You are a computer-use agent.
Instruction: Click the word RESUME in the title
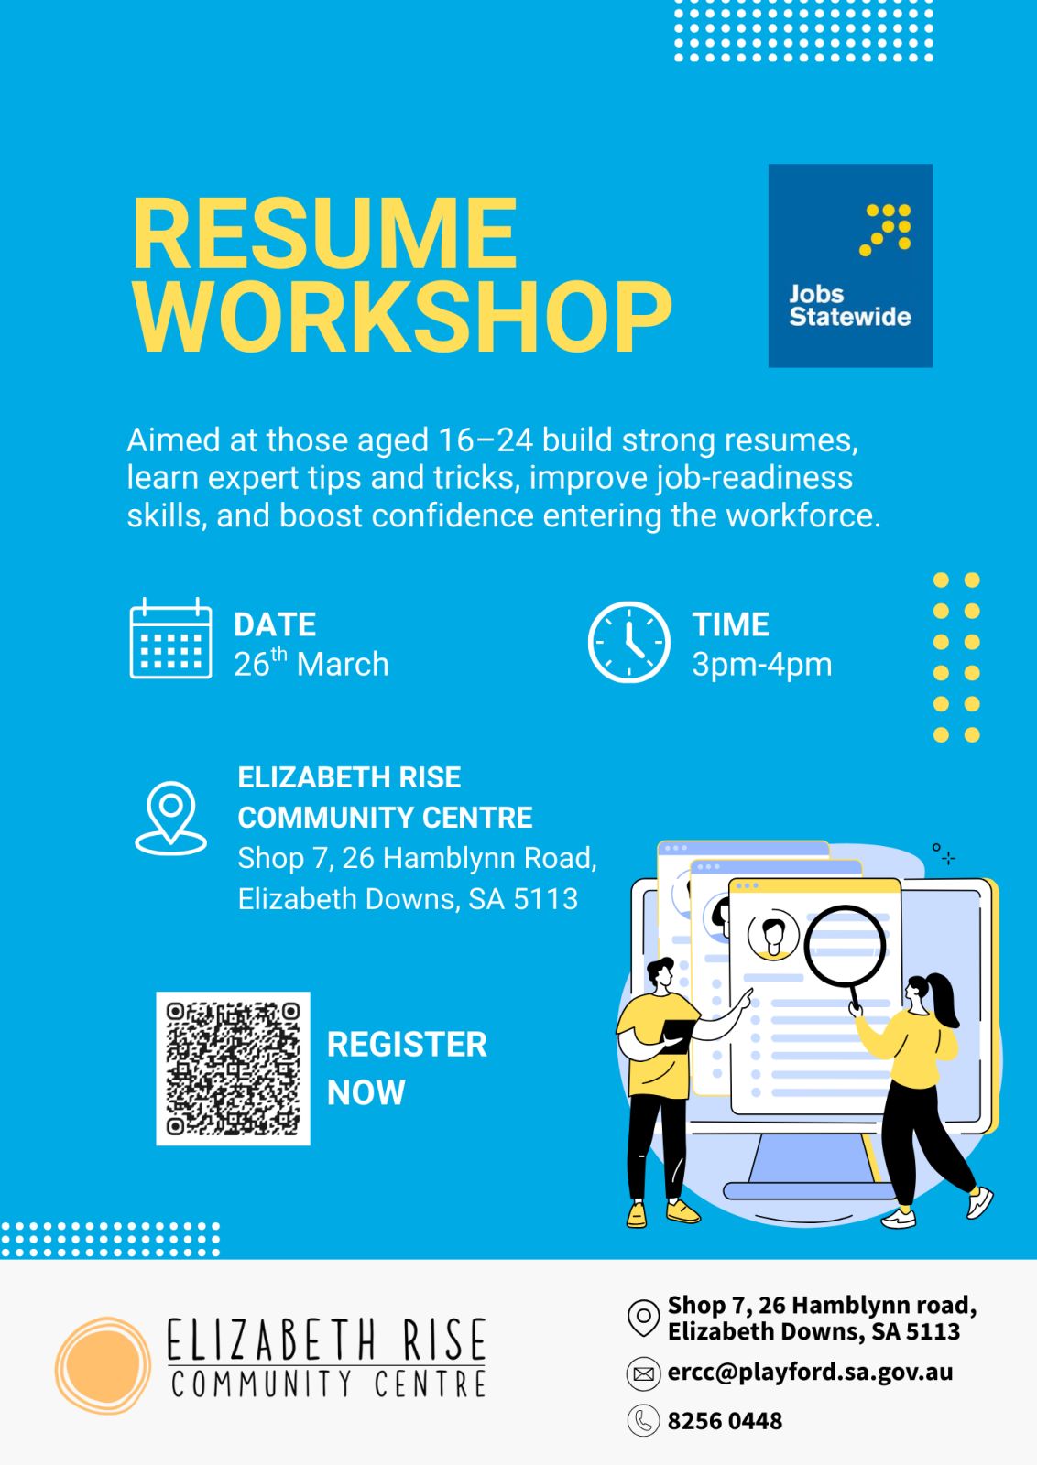pyautogui.click(x=325, y=233)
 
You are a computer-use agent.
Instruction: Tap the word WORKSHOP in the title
pyautogui.click(x=402, y=318)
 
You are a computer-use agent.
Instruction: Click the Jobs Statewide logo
pyautogui.click(x=850, y=266)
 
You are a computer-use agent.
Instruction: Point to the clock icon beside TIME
pyautogui.click(x=628, y=642)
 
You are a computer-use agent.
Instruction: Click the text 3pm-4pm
pyautogui.click(x=762, y=665)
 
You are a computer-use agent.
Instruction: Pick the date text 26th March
pyautogui.click(x=311, y=663)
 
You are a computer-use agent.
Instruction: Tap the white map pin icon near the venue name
pyautogui.click(x=170, y=819)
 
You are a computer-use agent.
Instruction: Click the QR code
pyautogui.click(x=233, y=1069)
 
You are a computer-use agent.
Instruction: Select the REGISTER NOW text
pyautogui.click(x=407, y=1068)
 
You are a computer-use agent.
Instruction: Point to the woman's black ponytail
pyautogui.click(x=944, y=999)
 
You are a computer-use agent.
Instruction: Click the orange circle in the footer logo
pyautogui.click(x=103, y=1365)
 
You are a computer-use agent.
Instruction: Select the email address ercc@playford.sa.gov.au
pyautogui.click(x=810, y=1372)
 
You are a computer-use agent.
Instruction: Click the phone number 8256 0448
pyautogui.click(x=725, y=1420)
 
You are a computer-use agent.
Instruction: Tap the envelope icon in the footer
pyautogui.click(x=643, y=1374)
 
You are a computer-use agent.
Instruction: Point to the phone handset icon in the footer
pyautogui.click(x=643, y=1420)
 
